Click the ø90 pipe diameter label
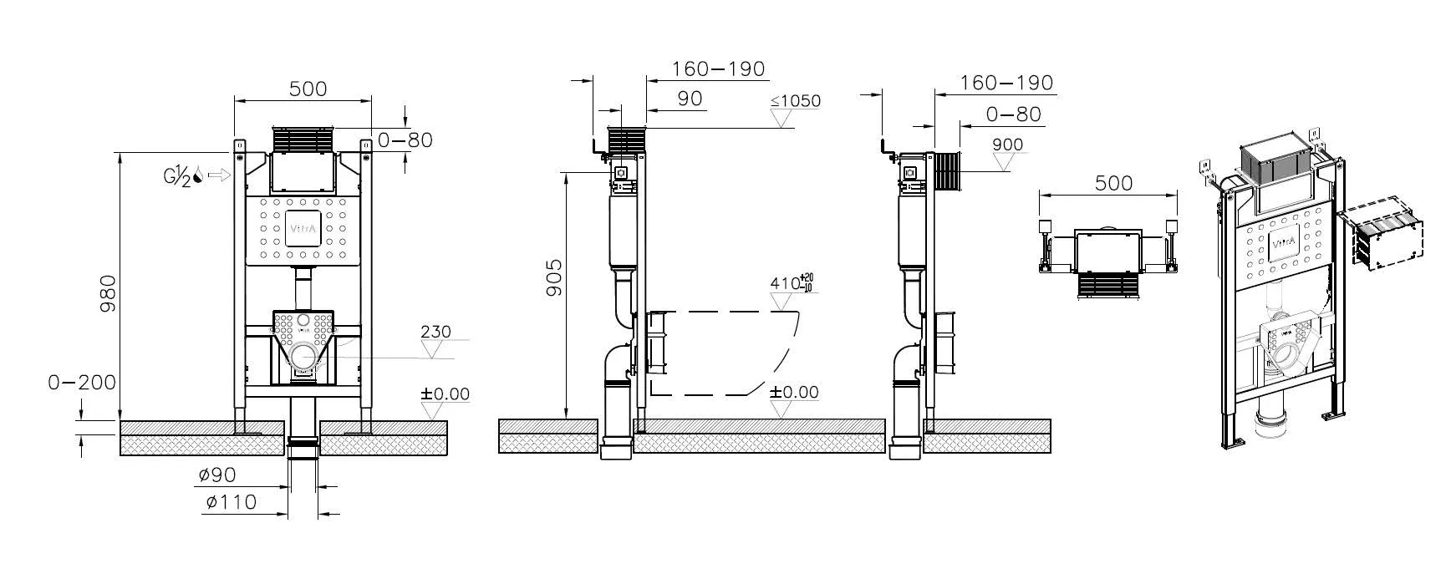[217, 475]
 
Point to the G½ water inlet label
[178, 175]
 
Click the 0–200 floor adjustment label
[81, 383]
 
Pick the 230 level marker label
[435, 332]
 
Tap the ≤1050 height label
[795, 101]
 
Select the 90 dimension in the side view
[689, 99]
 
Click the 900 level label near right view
[1007, 145]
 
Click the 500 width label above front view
[308, 89]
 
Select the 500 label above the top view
[1113, 182]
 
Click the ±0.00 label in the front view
[445, 394]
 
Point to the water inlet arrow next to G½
[219, 175]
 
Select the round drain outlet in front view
[303, 358]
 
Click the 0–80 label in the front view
[405, 140]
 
